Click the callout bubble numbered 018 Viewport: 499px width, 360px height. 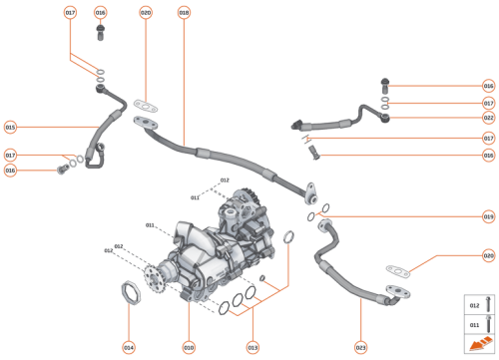(184, 13)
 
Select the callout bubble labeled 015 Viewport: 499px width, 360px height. (11, 127)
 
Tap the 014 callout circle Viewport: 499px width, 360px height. (129, 347)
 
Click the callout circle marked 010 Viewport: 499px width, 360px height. (188, 347)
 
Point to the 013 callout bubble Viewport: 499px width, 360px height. (252, 347)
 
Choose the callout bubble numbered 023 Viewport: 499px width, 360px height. (360, 347)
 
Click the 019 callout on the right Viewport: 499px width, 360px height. (488, 216)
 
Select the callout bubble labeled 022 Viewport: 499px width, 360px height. (488, 119)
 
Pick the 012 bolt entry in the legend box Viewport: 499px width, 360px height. (476, 304)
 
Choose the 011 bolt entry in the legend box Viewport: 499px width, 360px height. (476, 324)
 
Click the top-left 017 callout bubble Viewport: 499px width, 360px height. (70, 13)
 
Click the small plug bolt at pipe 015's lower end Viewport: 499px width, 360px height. (60, 171)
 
